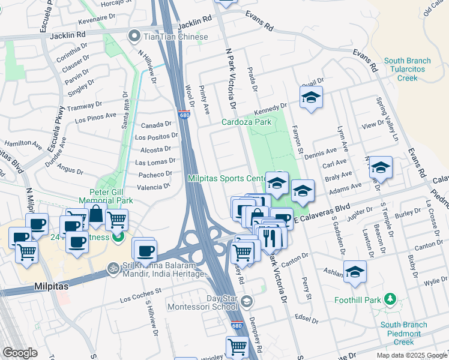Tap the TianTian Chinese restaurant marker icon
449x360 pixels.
point(133,37)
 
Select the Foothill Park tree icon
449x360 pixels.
point(390,298)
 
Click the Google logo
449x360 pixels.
point(20,353)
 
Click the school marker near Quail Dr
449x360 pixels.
point(311,98)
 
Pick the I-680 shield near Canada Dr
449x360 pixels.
point(184,114)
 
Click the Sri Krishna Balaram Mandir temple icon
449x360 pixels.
point(111,268)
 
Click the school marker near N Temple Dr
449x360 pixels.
point(381,168)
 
